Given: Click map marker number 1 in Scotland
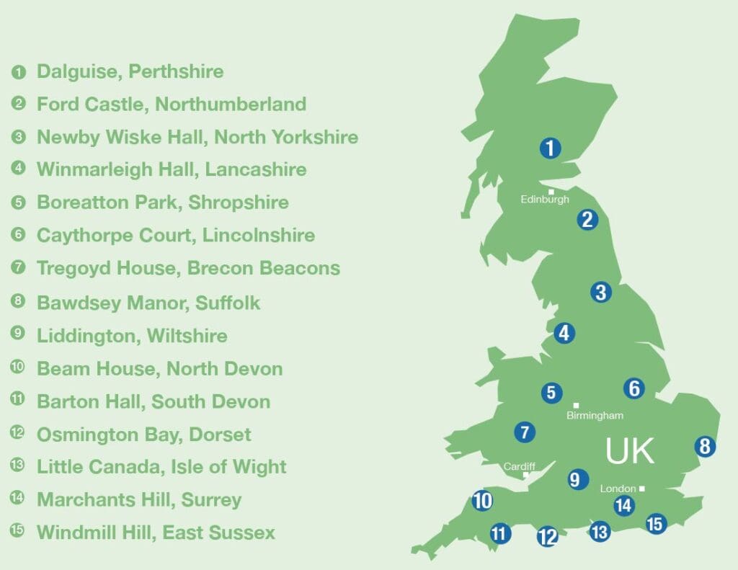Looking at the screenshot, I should click(x=550, y=149).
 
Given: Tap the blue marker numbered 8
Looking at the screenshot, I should click(x=704, y=446).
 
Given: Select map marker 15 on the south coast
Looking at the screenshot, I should click(x=654, y=524).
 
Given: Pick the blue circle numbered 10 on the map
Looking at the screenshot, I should click(x=482, y=500).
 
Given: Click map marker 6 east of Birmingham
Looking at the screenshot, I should click(x=633, y=388).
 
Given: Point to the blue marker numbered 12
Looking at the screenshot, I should click(x=547, y=536).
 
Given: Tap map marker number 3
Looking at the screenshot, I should click(x=600, y=292).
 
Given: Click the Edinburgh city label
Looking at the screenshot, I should click(x=545, y=200).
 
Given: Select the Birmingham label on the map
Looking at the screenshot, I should click(x=595, y=416).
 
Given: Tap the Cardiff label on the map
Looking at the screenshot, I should click(x=519, y=467).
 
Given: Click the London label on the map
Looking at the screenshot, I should click(x=618, y=489).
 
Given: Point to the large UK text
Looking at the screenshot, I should click(x=630, y=450).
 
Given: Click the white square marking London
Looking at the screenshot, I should click(x=641, y=489).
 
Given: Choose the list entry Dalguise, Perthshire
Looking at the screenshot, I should click(x=130, y=72).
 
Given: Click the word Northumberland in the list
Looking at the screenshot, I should click(x=231, y=104).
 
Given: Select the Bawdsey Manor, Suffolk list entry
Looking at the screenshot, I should click(x=148, y=303).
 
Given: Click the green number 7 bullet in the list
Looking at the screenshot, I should click(x=18, y=268).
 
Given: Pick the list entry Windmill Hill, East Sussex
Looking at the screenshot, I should click(x=156, y=533).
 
